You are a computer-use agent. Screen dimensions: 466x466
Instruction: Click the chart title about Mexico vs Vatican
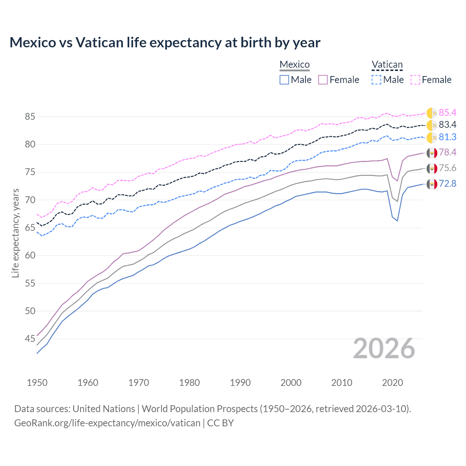click(x=165, y=43)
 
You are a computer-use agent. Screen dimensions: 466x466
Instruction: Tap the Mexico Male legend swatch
click(x=284, y=80)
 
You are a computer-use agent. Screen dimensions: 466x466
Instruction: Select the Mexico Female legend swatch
click(x=323, y=80)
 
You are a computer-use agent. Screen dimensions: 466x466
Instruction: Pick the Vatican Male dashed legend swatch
click(x=376, y=80)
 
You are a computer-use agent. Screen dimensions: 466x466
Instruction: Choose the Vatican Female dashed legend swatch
click(x=415, y=80)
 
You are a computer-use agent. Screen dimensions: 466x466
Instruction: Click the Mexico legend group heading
click(x=295, y=64)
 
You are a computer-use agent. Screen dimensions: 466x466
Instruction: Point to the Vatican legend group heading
click(x=387, y=64)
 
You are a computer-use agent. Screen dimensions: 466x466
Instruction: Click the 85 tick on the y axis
click(x=30, y=117)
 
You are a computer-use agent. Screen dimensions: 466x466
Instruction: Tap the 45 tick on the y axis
click(x=30, y=339)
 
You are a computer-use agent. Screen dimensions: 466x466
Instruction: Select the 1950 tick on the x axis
click(x=37, y=383)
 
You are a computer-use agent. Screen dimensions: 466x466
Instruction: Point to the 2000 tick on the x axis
click(x=291, y=383)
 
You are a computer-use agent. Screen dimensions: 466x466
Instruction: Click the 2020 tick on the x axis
click(x=392, y=383)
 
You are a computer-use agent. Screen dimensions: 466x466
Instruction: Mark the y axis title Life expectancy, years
click(x=15, y=233)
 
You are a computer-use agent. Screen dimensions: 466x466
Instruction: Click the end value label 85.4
click(x=447, y=112)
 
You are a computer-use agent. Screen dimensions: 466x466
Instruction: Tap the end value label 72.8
click(x=447, y=183)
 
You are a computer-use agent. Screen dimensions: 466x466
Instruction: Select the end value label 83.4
click(x=447, y=125)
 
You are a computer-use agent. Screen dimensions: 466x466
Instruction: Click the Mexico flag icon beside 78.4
click(x=432, y=153)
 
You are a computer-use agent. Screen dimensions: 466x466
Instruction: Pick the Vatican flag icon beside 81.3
click(x=432, y=138)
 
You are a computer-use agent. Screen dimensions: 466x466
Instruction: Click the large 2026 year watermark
click(x=384, y=348)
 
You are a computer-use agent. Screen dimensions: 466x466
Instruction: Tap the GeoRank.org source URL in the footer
click(x=107, y=423)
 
